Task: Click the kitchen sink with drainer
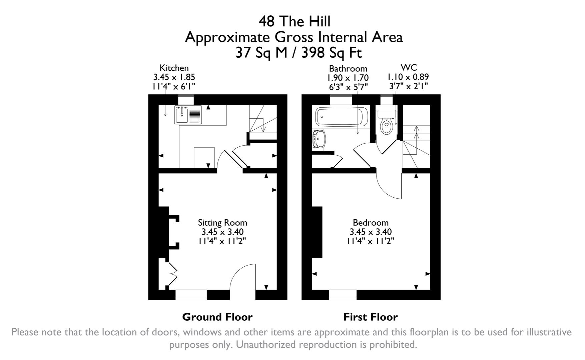click(x=188, y=115)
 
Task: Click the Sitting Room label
click(x=222, y=223)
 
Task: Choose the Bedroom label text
click(x=371, y=223)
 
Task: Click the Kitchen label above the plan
click(x=174, y=68)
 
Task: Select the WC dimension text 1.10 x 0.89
click(x=408, y=77)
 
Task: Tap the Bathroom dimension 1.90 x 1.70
click(x=348, y=78)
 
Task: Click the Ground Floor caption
click(x=217, y=317)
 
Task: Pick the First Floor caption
click(x=371, y=317)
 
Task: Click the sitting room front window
click(x=191, y=294)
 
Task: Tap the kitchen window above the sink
click(x=186, y=100)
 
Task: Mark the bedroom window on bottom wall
click(x=343, y=294)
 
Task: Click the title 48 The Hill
click(x=294, y=21)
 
